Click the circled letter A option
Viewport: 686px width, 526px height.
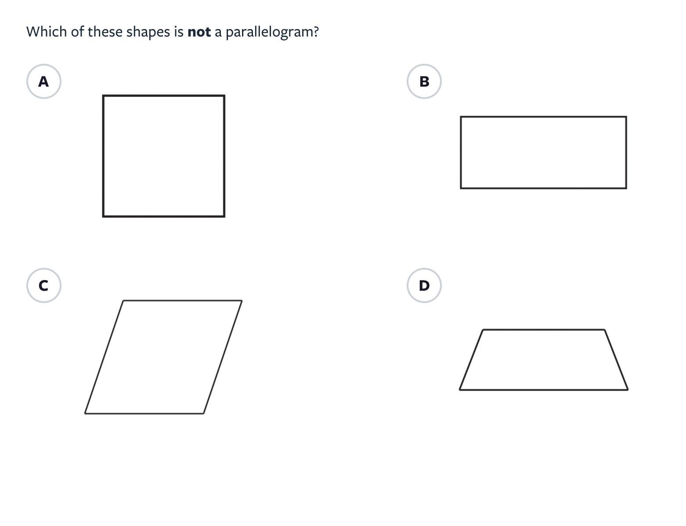pos(43,81)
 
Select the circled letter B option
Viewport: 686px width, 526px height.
pos(424,81)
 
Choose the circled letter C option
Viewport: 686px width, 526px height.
pos(43,285)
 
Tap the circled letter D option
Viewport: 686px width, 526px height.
pos(424,285)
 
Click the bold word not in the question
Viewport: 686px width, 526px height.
pos(199,32)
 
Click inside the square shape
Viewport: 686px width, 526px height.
pos(163,156)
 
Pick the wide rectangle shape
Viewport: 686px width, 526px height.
pos(543,153)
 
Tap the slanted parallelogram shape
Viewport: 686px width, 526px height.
pos(163,357)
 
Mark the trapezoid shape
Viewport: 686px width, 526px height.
pos(544,360)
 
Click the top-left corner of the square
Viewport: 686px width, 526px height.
pos(103,95)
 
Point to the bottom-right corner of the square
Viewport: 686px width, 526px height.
pos(224,216)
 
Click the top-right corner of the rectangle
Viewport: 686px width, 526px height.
pos(626,117)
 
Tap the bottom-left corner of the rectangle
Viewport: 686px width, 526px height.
pos(461,188)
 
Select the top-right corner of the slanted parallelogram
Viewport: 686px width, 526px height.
pos(242,300)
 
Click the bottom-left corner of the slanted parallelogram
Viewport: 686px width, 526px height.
pos(85,413)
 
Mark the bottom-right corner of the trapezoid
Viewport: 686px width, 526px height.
pos(628,390)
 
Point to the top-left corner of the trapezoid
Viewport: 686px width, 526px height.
pos(483,330)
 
